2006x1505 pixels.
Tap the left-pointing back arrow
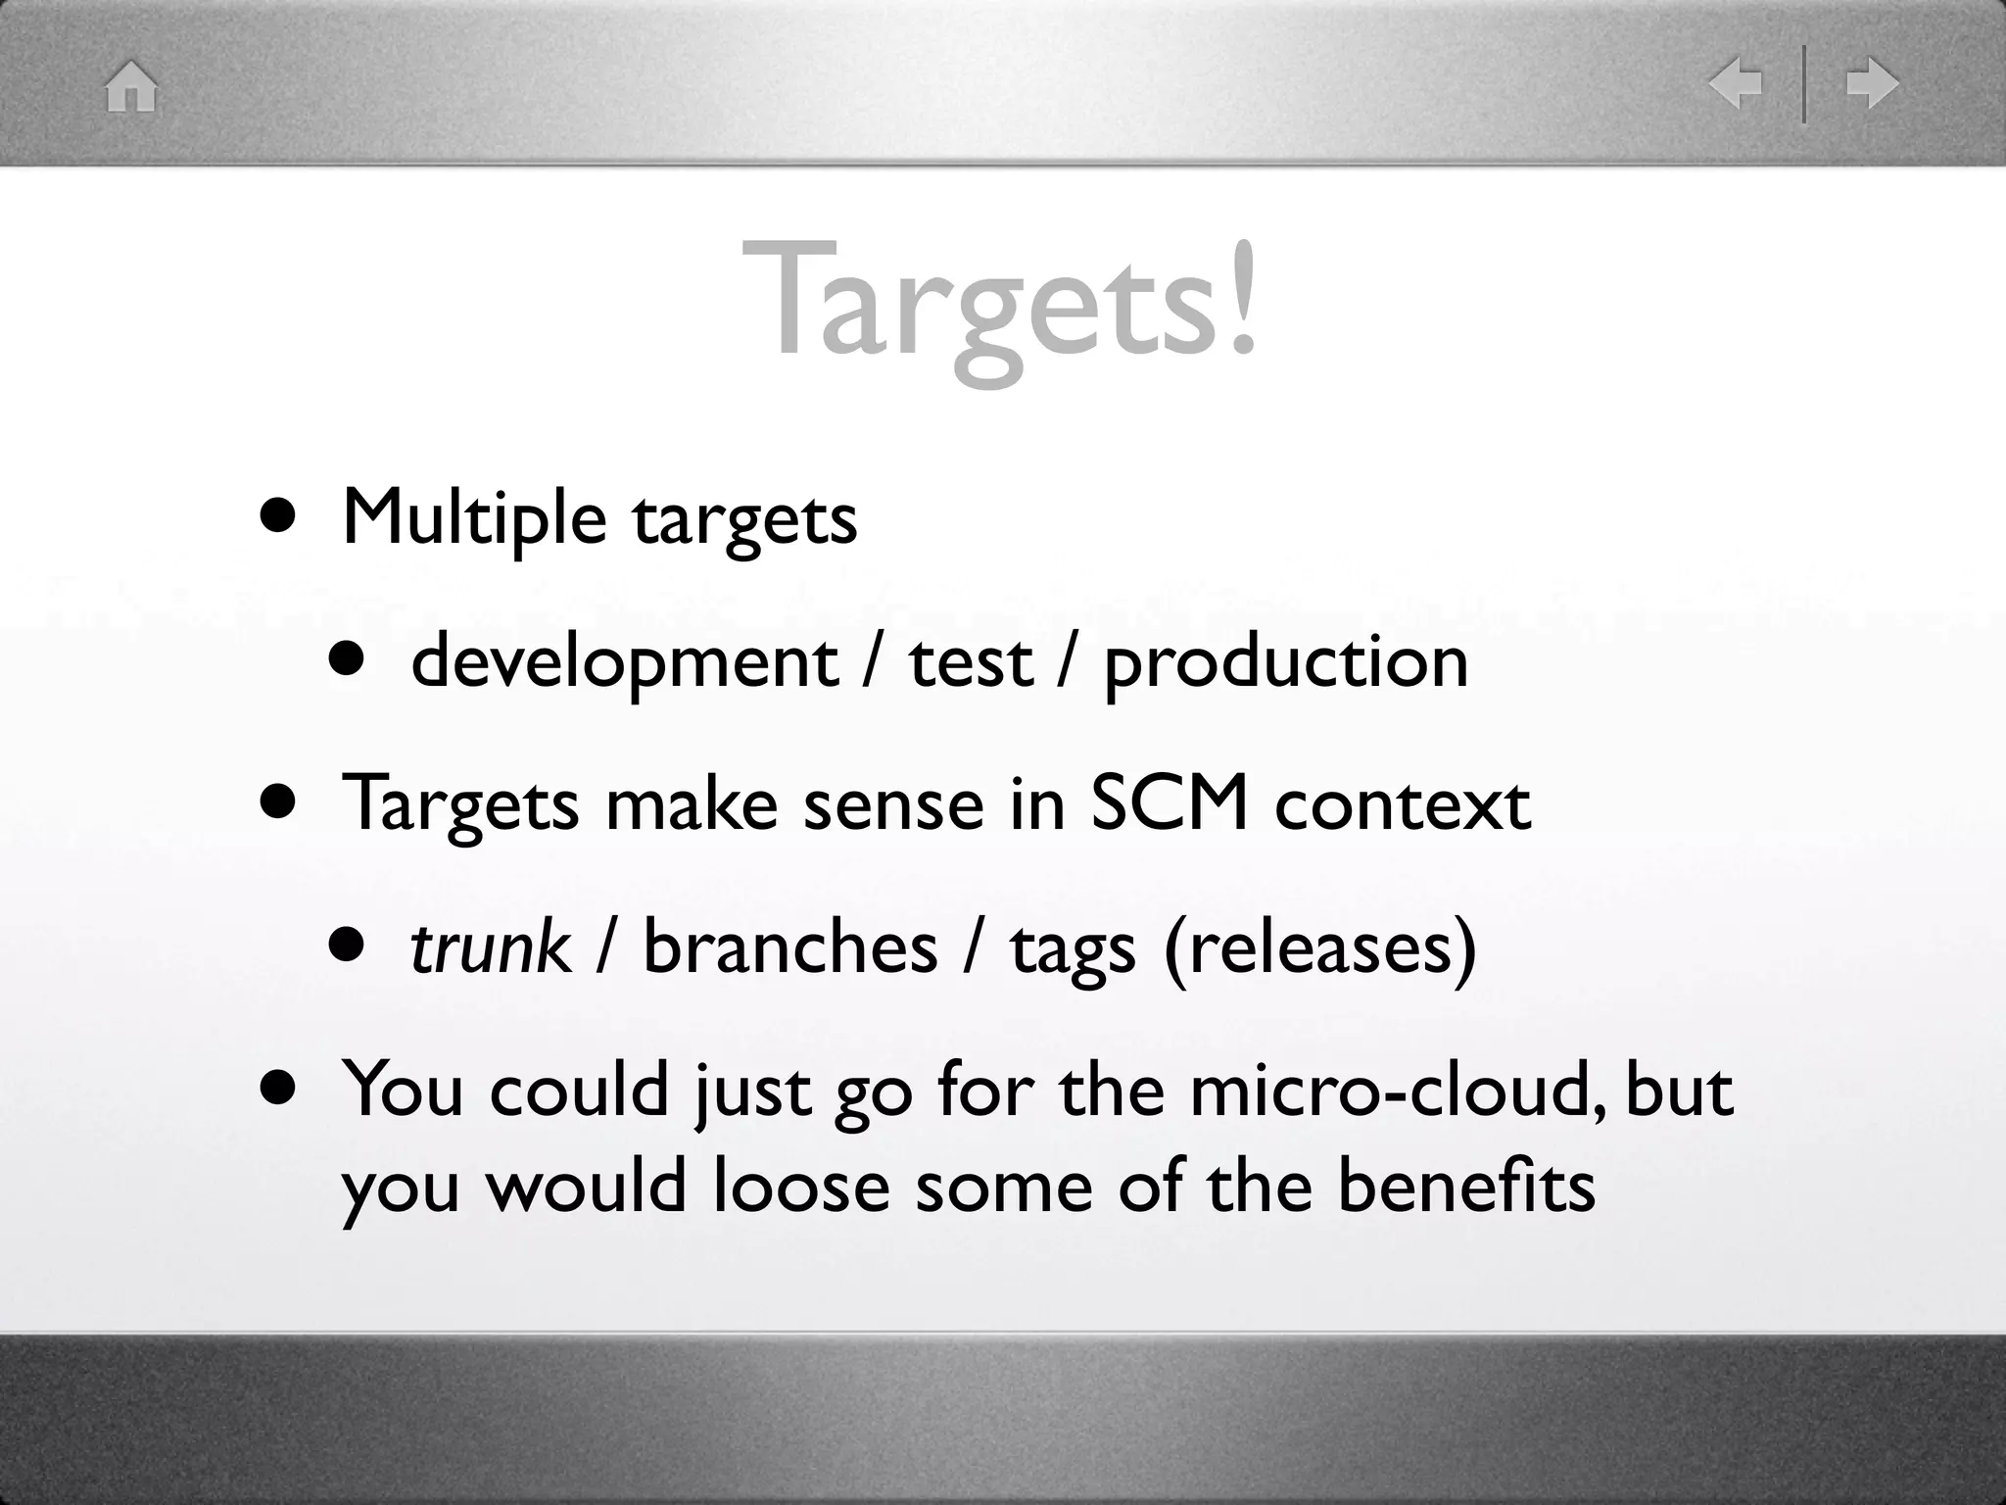(1735, 83)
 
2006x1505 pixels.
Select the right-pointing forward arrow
(1872, 83)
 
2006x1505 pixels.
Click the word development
(624, 663)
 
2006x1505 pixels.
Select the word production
(1286, 663)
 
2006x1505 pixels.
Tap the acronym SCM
(1170, 804)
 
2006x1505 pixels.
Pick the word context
(1403, 804)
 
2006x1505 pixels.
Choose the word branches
(789, 947)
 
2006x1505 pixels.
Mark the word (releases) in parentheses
(1319, 947)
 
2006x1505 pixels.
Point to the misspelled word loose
(801, 1187)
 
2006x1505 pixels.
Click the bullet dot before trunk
(347, 946)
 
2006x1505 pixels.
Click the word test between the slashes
(971, 663)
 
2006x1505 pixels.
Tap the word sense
(893, 804)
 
